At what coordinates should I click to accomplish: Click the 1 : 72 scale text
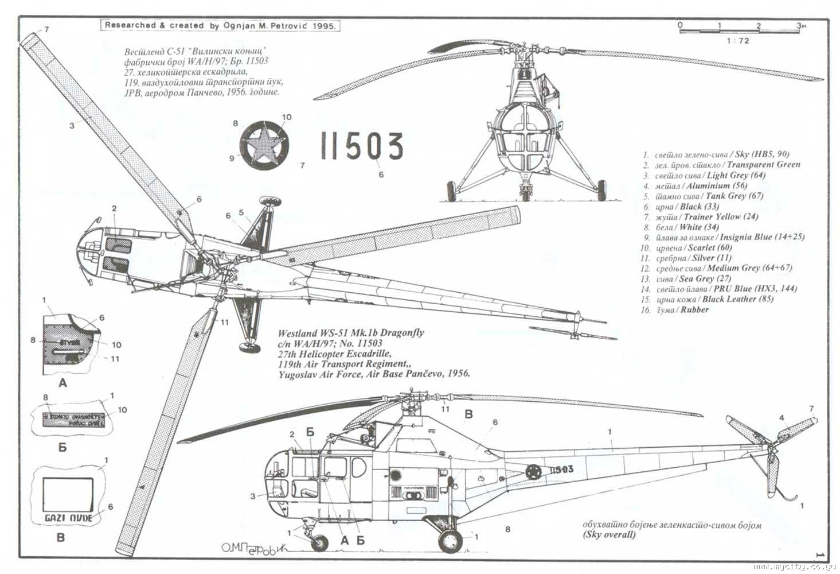pyautogui.click(x=737, y=41)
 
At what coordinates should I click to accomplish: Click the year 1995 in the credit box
pyautogui.click(x=325, y=26)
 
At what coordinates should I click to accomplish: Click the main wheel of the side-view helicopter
pyautogui.click(x=451, y=540)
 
